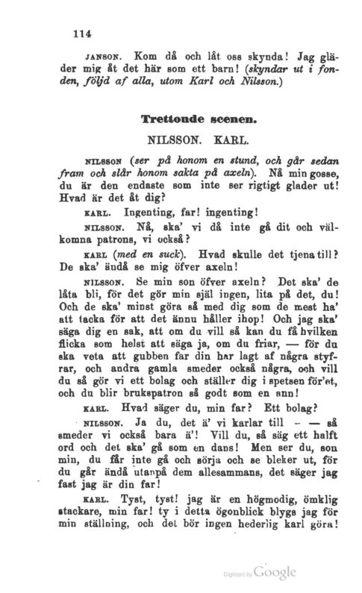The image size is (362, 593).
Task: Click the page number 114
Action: pos(80,32)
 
